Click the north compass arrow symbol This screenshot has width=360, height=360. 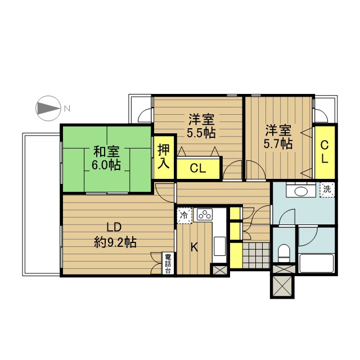pos(48,108)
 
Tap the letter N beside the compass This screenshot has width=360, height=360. pos(67,109)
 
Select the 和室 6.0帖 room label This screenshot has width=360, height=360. pos(106,158)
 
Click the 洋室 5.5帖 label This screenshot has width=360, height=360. pos(201,125)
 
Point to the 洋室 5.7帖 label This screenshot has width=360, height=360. pos(278,137)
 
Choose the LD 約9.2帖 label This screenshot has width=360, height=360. pos(115,235)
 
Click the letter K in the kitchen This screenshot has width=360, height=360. pos(195,247)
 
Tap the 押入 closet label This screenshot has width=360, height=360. pos(164,157)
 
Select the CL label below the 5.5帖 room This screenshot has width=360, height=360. pos(197,169)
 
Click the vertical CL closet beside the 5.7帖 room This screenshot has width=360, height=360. pos(325,152)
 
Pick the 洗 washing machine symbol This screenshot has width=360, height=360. pos(327,190)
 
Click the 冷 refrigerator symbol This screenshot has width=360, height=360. pos(184,215)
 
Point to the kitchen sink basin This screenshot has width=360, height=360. pos(219,246)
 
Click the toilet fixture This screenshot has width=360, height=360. pos(284,253)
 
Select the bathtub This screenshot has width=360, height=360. pos(317,263)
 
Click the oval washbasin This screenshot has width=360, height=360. pos(300,191)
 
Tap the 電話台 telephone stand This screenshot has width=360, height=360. pos(168,263)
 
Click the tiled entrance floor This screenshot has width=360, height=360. pos(256,255)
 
